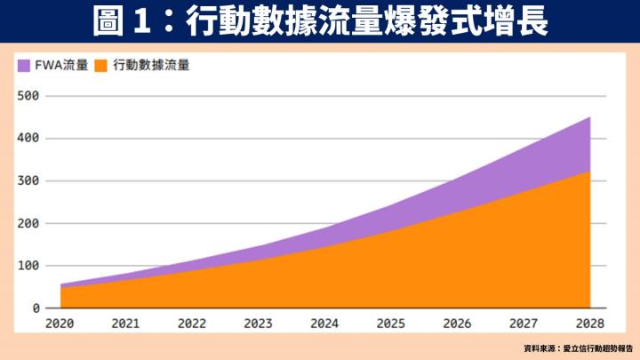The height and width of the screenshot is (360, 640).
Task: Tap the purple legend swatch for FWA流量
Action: coord(23,65)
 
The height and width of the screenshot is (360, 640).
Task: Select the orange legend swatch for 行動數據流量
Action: coord(101,65)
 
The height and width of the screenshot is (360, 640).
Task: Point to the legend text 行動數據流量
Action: coord(151,65)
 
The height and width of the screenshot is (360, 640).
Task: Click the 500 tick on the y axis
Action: coord(29,95)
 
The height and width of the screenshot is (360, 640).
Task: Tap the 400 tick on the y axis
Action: coord(29,138)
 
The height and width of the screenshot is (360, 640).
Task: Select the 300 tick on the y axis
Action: coord(29,180)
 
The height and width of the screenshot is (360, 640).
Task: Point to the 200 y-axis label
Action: coord(29,223)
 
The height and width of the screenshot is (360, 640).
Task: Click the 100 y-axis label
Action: coord(29,266)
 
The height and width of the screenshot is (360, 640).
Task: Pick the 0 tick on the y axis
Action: coord(36,308)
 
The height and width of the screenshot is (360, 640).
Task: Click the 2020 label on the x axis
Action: coord(60,324)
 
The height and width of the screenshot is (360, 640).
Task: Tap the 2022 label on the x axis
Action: coord(192,324)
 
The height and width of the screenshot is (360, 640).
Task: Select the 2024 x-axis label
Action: coord(324,324)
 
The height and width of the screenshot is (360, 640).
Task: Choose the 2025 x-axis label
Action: coord(391,324)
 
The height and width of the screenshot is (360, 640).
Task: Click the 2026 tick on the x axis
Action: coord(457,324)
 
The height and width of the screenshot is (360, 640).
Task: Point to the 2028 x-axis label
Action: coord(589,324)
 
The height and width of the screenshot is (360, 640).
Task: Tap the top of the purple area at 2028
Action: coord(590,116)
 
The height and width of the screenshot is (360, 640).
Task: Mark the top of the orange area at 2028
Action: coord(590,171)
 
